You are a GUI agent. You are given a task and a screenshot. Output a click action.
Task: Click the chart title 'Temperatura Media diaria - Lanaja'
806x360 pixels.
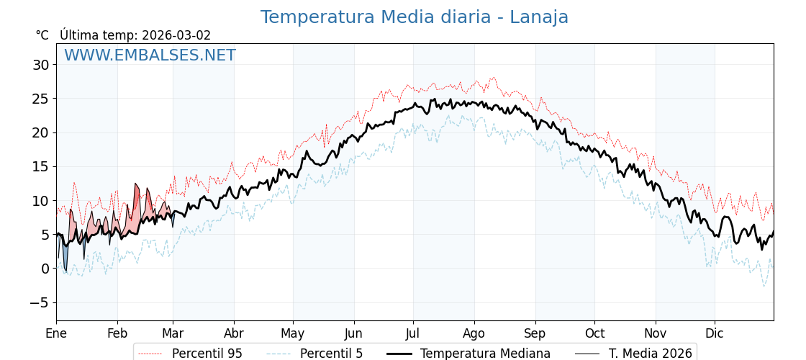pyautogui.click(x=414, y=17)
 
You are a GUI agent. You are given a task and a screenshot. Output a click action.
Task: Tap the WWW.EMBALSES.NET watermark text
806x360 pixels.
pyautogui.click(x=150, y=55)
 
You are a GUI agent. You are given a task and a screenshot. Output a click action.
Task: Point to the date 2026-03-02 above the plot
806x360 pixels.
pyautogui.click(x=176, y=35)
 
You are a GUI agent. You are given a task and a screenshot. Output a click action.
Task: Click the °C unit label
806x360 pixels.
pyautogui.click(x=42, y=35)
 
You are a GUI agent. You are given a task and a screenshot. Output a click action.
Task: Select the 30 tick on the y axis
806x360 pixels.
pyautogui.click(x=40, y=65)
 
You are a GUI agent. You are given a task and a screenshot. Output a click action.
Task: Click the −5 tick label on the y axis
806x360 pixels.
pyautogui.click(x=39, y=302)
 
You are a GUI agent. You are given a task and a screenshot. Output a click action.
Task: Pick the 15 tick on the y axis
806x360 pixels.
pyautogui.click(x=40, y=166)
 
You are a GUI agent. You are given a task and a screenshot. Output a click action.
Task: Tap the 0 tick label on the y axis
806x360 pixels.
pyautogui.click(x=45, y=269)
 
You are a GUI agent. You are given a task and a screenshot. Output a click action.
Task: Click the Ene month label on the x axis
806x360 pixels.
pyautogui.click(x=56, y=333)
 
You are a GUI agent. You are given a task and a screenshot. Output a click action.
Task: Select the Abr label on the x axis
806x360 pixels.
pyautogui.click(x=234, y=333)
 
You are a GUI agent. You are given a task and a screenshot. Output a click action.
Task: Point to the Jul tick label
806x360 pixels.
pyautogui.click(x=413, y=333)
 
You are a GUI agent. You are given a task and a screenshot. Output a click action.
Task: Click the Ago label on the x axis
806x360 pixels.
pyautogui.click(x=474, y=333)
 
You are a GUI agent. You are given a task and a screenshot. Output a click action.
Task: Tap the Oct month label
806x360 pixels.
pyautogui.click(x=594, y=333)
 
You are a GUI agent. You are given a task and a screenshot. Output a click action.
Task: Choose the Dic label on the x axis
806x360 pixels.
pyautogui.click(x=715, y=333)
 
